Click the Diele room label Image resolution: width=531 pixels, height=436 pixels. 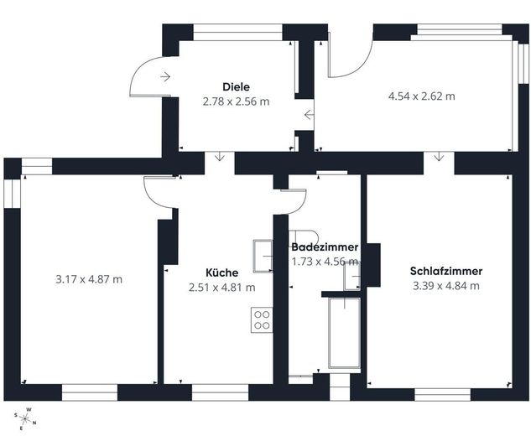click(x=236, y=87)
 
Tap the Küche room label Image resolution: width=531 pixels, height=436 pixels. click(x=221, y=272)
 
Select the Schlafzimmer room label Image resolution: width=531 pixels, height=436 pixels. click(x=446, y=271)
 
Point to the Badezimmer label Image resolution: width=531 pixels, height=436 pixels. click(x=325, y=247)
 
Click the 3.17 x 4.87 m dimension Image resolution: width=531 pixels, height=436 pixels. click(x=89, y=279)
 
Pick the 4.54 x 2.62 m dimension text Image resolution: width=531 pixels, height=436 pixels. click(x=422, y=96)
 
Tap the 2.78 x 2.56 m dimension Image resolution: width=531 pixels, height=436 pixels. click(x=236, y=101)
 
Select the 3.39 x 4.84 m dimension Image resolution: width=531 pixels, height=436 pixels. click(x=446, y=286)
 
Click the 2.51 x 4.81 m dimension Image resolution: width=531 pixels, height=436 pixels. click(x=221, y=288)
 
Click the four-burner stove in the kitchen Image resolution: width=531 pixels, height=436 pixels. click(x=262, y=320)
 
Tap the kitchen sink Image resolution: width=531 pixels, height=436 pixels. click(x=263, y=257)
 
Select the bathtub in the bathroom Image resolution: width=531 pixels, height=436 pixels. click(x=345, y=333)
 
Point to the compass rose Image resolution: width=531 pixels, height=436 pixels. click(x=25, y=419)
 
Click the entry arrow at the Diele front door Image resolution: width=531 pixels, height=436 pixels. click(x=165, y=77)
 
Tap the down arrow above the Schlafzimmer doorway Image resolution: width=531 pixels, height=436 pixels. click(x=439, y=157)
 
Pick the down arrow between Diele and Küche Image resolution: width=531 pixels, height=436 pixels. click(x=220, y=157)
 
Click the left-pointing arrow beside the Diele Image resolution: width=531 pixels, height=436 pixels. click(x=309, y=115)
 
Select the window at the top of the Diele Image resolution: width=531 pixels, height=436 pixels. click(x=237, y=33)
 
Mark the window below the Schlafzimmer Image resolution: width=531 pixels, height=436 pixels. click(x=443, y=395)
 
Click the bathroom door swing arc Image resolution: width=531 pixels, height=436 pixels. click(x=299, y=207)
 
